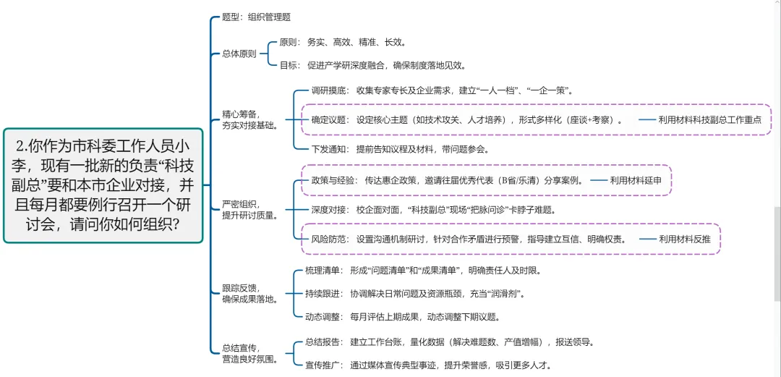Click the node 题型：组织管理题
256,17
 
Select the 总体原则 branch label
239,54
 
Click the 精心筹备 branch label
249,119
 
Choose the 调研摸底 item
442,90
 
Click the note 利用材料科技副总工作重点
709,120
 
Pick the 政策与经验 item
448,180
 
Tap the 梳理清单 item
426,271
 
